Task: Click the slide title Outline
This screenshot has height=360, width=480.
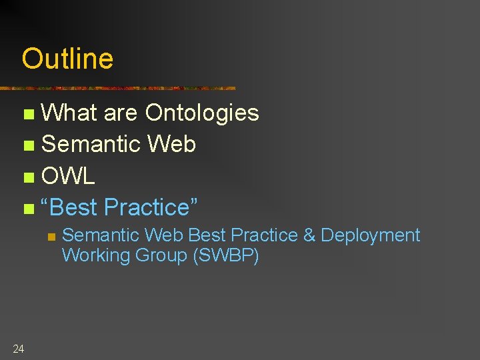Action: point(67,59)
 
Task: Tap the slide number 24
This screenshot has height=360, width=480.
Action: point(18,348)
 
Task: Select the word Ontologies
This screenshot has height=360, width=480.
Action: point(202,113)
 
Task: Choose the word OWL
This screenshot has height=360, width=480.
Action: point(68,176)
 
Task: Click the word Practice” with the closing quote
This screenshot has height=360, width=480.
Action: point(151,207)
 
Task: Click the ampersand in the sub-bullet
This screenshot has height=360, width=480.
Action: point(309,235)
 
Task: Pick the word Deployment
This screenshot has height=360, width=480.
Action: point(371,235)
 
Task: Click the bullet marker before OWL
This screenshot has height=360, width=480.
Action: point(27,177)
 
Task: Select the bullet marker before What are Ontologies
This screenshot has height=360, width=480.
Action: point(27,114)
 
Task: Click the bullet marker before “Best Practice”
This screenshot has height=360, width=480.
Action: point(27,209)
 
